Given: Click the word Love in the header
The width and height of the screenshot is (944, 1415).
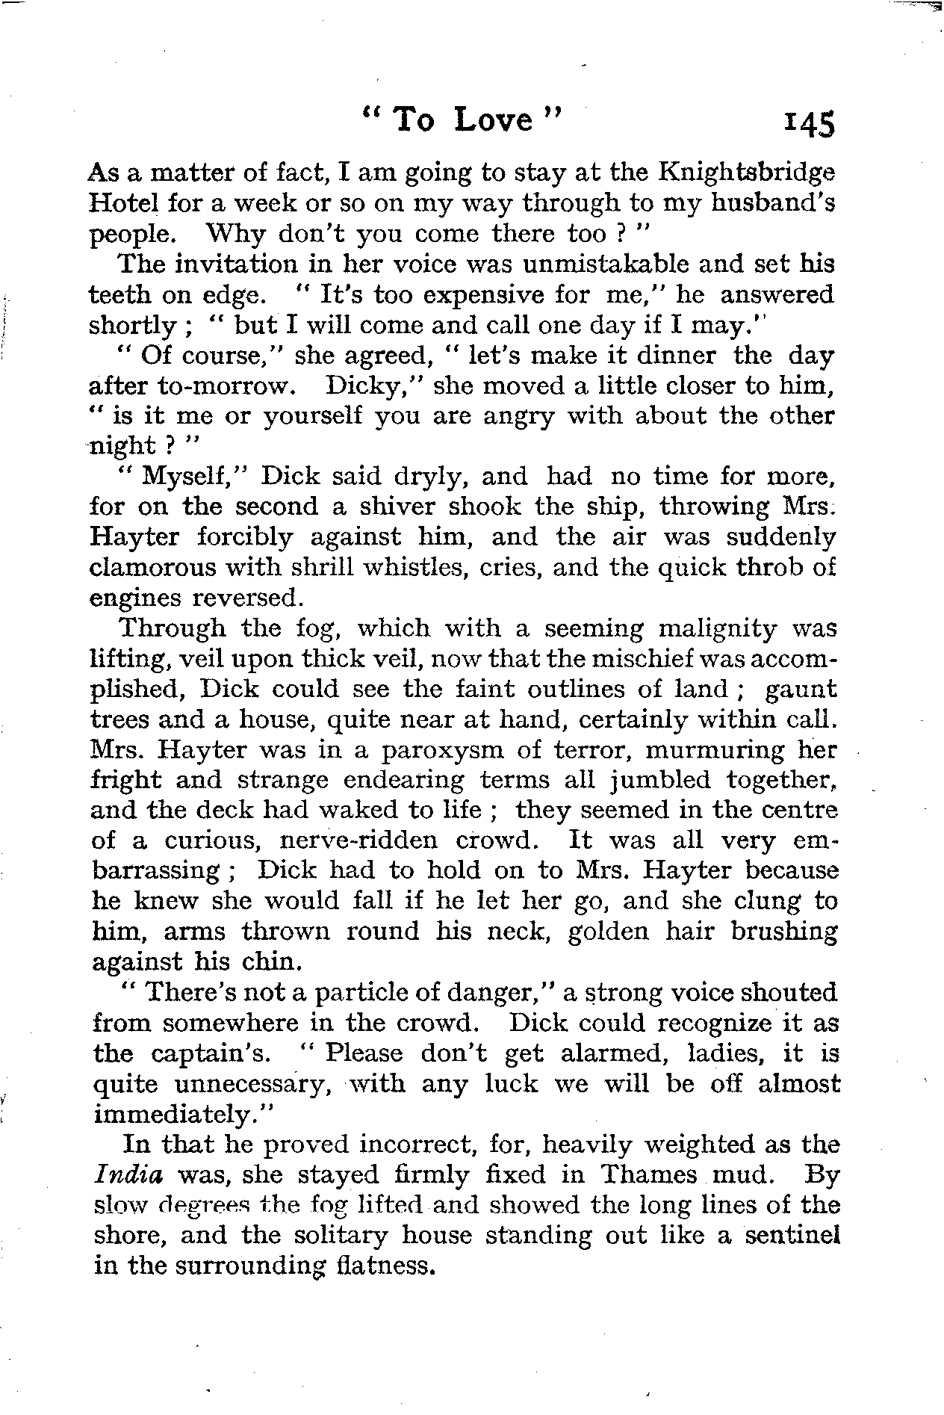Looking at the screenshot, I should (493, 120).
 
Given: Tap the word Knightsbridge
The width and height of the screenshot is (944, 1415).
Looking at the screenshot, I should (747, 173).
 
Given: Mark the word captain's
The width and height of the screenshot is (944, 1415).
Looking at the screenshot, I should (211, 1053).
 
